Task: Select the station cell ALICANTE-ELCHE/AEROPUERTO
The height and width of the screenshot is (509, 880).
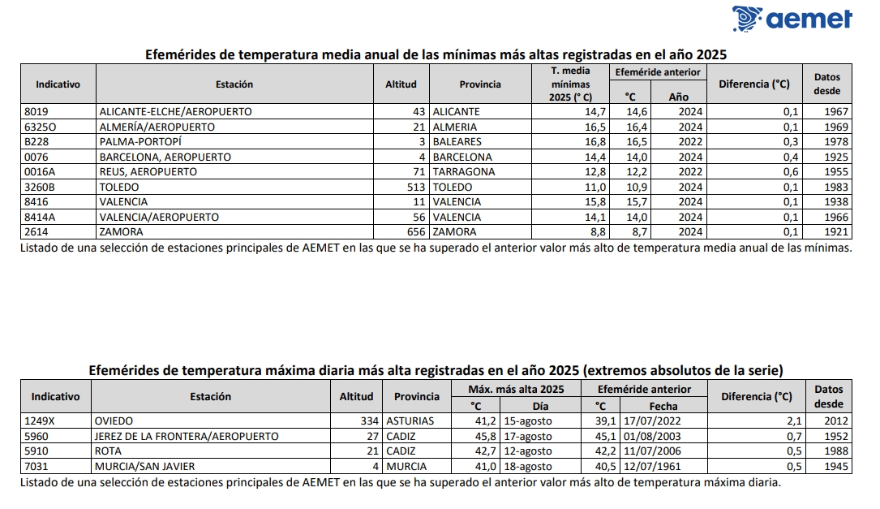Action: [x=175, y=111]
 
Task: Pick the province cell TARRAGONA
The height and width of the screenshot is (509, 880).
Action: [x=463, y=172]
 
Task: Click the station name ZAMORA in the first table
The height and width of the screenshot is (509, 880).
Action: [x=119, y=231]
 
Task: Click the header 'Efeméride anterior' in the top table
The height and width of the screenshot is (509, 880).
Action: [x=658, y=73]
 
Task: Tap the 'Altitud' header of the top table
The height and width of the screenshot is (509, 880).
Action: [x=401, y=84]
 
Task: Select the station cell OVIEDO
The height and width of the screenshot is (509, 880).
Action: [x=113, y=421]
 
